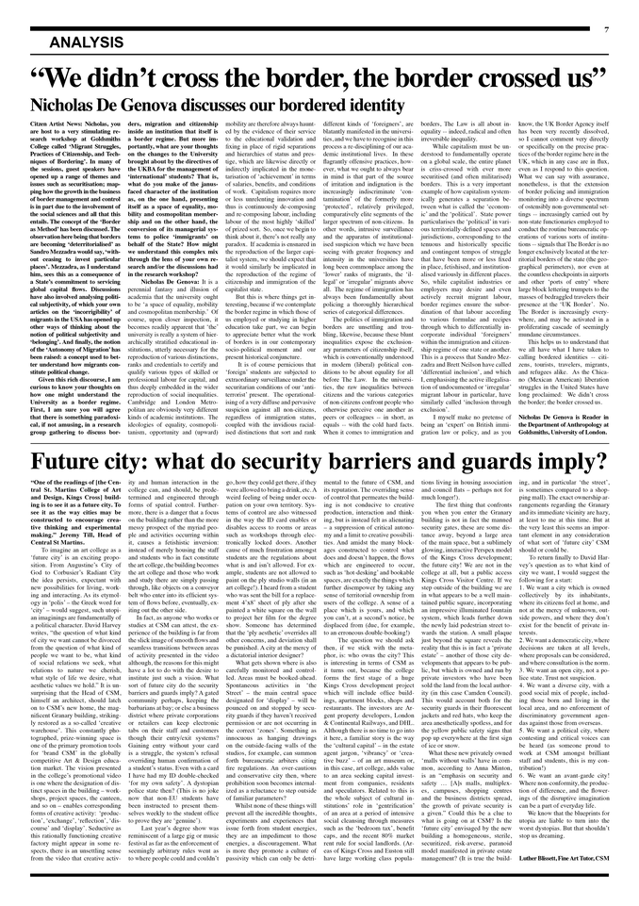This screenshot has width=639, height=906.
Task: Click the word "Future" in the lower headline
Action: tap(67, 462)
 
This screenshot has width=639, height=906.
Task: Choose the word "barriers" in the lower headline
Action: tap(406, 462)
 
